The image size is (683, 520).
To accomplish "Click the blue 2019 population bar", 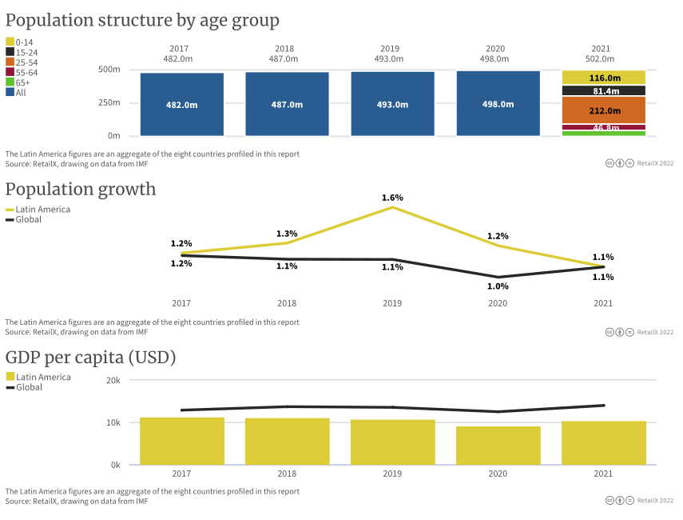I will (392, 104).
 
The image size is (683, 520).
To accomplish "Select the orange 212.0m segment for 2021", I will (604, 110).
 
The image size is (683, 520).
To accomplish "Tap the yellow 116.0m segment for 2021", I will (604, 78).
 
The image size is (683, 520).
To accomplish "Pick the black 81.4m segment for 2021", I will (604, 91).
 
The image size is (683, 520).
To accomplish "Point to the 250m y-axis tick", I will (109, 102).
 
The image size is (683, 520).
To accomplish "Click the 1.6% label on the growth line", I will (392, 198).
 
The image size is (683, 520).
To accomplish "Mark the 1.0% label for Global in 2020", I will (498, 286).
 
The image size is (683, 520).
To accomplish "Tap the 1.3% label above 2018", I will (287, 234).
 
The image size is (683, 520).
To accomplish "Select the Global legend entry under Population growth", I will (23, 219).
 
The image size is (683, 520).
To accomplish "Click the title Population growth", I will (81, 190).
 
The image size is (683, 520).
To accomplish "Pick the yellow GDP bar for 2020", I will (498, 446).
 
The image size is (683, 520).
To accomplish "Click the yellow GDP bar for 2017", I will (182, 441).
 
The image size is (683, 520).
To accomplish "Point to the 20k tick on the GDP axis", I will (113, 381).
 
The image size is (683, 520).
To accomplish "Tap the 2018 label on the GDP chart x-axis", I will (287, 474).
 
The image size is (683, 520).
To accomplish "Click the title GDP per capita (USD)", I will (91, 358).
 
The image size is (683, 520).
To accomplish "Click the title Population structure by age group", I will (142, 20).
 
